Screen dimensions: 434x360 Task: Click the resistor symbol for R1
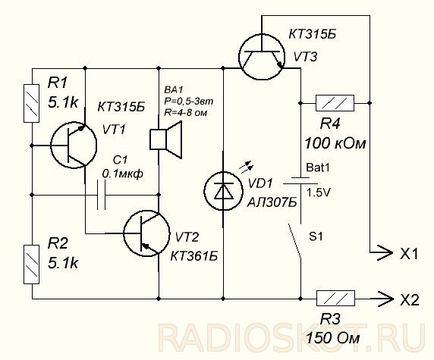pos(32,103)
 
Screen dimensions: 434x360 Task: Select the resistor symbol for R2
pos(32,265)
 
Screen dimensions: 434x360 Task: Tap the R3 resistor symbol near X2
pos(335,299)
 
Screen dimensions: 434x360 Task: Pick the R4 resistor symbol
pos(335,103)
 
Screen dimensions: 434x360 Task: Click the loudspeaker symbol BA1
pos(166,139)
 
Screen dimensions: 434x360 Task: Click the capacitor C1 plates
pos(102,196)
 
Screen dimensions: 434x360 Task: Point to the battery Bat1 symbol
pos(300,180)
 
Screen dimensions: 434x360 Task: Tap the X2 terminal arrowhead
pos(385,299)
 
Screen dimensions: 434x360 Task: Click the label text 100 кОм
pos(335,143)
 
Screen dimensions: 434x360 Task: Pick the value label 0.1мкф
pos(123,174)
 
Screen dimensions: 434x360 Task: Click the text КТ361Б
pos(193,256)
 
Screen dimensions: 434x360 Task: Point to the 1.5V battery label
pos(319,193)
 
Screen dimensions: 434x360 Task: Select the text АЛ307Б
pos(272,202)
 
